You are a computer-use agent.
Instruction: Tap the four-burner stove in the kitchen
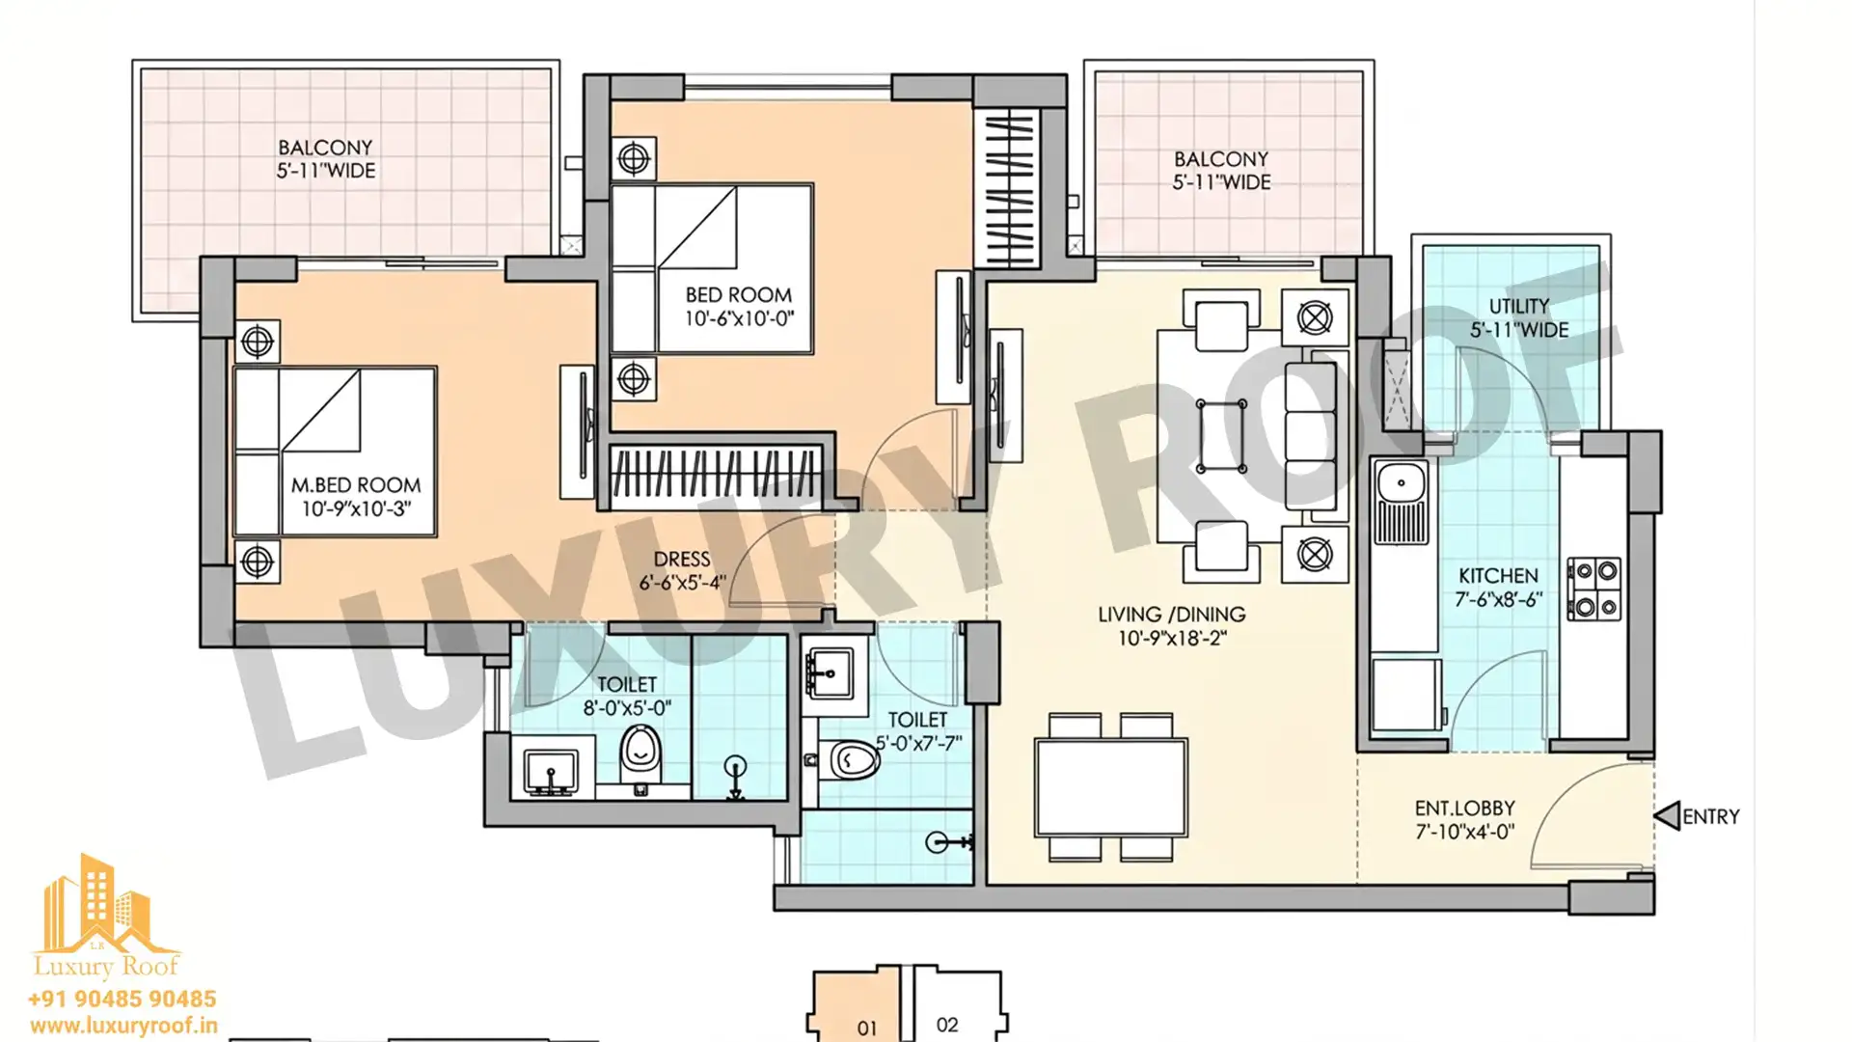click(x=1594, y=589)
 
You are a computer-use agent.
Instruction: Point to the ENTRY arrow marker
click(x=1668, y=816)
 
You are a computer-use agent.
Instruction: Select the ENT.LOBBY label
click(x=1464, y=808)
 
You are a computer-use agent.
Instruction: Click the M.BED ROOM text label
click(x=356, y=485)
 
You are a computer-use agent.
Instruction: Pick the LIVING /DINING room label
click(x=1171, y=615)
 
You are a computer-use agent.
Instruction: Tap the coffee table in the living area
click(x=1220, y=436)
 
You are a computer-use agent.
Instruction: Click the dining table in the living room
click(x=1111, y=787)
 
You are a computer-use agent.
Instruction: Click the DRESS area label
click(x=682, y=560)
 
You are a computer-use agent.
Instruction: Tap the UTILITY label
click(x=1519, y=307)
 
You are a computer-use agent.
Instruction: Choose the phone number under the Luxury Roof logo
click(x=123, y=999)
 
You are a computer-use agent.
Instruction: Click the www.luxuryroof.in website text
click(x=123, y=1026)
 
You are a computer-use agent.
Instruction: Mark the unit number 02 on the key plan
click(x=947, y=1025)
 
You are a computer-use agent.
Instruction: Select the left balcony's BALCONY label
click(x=325, y=148)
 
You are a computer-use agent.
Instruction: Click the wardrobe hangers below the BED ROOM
click(x=714, y=474)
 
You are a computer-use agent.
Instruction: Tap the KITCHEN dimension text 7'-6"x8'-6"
click(x=1499, y=599)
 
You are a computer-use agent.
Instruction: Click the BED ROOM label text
click(x=739, y=295)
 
